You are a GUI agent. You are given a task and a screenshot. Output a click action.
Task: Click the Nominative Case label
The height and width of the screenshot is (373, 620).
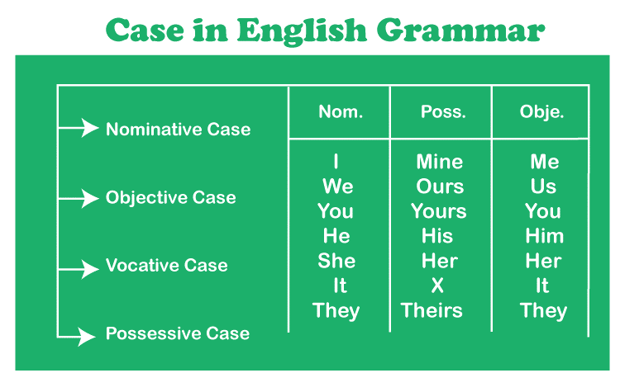pos(178,130)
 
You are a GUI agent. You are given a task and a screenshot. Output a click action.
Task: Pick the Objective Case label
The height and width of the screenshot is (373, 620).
pos(170,198)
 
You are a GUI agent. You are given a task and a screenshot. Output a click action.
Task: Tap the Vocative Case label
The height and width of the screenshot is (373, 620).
pos(166,266)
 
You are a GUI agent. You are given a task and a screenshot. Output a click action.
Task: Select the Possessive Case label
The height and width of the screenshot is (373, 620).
pos(177,333)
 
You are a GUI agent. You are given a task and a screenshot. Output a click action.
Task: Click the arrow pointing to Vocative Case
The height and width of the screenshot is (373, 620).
pos(79,267)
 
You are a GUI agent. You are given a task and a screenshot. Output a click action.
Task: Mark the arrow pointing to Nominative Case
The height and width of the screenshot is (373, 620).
pos(79,128)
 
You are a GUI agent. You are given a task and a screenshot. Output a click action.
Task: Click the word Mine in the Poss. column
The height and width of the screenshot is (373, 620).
pos(439,162)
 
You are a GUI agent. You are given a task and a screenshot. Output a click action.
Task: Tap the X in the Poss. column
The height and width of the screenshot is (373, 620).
pos(437,286)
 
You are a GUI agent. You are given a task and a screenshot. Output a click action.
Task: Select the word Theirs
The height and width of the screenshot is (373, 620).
pos(432,311)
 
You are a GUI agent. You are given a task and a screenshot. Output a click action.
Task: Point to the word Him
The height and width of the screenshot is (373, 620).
pos(544,236)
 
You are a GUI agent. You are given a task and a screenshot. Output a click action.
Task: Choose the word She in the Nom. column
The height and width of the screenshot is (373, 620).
pos(336,261)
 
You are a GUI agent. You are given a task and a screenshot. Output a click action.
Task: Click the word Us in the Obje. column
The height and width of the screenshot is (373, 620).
pos(543,186)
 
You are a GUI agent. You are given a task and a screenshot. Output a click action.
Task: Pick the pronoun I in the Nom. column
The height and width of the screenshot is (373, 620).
pos(336,162)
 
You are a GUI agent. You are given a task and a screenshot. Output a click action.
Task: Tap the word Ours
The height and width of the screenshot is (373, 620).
pos(440,186)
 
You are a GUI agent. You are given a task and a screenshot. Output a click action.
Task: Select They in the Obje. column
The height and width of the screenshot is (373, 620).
pos(543,311)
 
